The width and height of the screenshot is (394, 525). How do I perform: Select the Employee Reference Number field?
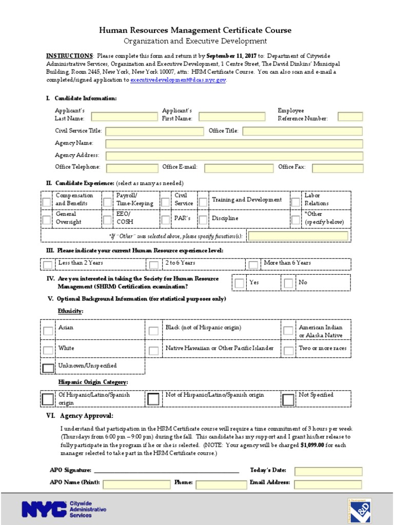coord(350,117)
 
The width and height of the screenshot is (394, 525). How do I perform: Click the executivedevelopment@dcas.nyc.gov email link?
coord(178,80)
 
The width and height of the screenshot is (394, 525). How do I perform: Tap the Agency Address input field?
coord(234,156)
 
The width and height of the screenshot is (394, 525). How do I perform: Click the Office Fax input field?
coord(337,168)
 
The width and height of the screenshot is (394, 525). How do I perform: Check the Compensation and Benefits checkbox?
coord(47,202)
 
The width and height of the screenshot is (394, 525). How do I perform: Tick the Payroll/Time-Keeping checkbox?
coord(107,202)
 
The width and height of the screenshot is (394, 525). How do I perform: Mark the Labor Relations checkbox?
coord(295,202)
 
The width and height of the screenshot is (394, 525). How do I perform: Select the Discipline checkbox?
coord(203,220)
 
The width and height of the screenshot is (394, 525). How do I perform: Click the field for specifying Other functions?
coord(298,236)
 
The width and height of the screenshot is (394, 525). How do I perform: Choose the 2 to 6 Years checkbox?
coord(154,265)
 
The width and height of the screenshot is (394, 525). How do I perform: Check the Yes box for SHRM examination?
coord(240,283)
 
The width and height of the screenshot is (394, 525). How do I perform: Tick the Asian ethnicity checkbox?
coord(48,331)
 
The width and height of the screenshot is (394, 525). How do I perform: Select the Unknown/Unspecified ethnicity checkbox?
coord(48,368)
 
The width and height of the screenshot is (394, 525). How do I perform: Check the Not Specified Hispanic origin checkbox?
coord(288,399)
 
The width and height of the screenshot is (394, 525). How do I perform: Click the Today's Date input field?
coord(328,471)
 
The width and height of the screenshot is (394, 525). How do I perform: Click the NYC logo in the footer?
coord(44,509)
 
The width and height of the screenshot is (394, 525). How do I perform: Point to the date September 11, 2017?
coord(231,55)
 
